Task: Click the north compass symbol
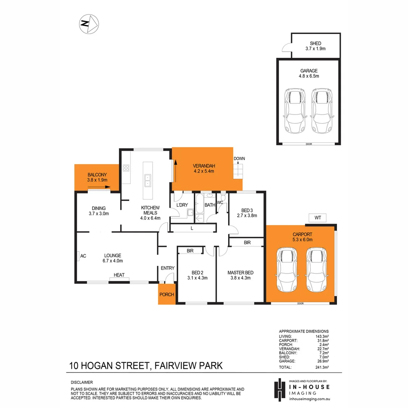click(x=89, y=24)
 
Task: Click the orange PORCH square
click(x=167, y=295)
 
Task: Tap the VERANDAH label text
click(x=204, y=168)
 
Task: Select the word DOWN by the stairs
click(x=239, y=159)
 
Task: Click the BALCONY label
click(x=97, y=177)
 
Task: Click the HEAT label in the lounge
click(x=119, y=275)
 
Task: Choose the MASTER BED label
click(x=240, y=275)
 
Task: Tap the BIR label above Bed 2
click(x=191, y=250)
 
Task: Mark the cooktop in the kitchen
click(x=126, y=168)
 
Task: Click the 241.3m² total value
click(x=322, y=367)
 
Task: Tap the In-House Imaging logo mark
click(x=280, y=389)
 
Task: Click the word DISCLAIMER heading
click(x=82, y=382)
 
